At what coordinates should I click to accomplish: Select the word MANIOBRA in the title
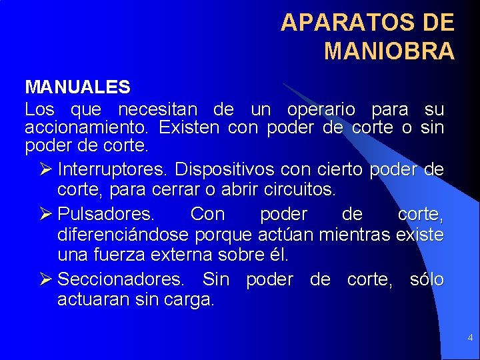click(x=389, y=51)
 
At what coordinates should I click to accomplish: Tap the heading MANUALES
click(x=77, y=87)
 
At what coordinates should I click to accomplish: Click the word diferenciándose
click(x=123, y=235)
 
